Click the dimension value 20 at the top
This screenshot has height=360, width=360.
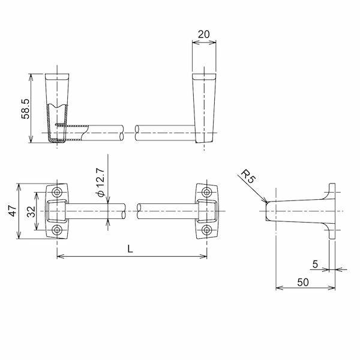[x=203, y=34]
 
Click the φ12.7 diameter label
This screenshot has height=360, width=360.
[x=100, y=184]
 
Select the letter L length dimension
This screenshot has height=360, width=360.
[x=131, y=250]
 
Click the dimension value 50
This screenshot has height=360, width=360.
[x=304, y=281]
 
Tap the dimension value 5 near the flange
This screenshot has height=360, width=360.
[x=315, y=263]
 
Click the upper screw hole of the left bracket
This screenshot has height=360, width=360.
[x=58, y=192]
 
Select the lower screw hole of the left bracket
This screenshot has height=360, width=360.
[x=58, y=230]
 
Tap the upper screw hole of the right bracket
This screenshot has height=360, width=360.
[x=207, y=192]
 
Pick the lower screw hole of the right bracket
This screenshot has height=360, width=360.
[x=207, y=230]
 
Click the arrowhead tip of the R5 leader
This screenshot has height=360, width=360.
[x=265, y=202]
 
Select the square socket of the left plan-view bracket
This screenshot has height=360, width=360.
[x=58, y=211]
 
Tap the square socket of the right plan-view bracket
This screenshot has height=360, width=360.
[x=207, y=211]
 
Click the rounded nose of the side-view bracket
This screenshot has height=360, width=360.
[x=269, y=211]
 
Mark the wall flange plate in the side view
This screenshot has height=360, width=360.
[x=331, y=211]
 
